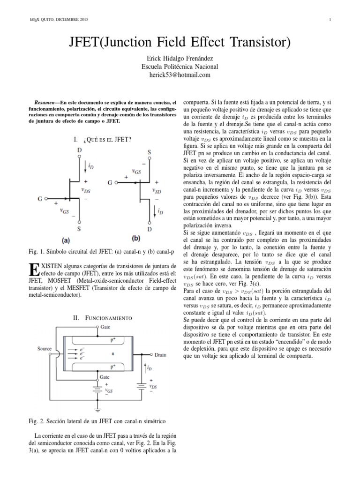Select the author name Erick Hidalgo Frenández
click(180, 58)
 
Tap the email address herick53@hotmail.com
click(180, 75)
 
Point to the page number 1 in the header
click(330, 19)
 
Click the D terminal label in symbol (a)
click(78, 150)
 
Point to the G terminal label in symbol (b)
click(109, 182)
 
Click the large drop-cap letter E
click(33, 270)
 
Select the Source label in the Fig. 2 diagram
click(45, 349)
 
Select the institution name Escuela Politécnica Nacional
click(180, 67)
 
